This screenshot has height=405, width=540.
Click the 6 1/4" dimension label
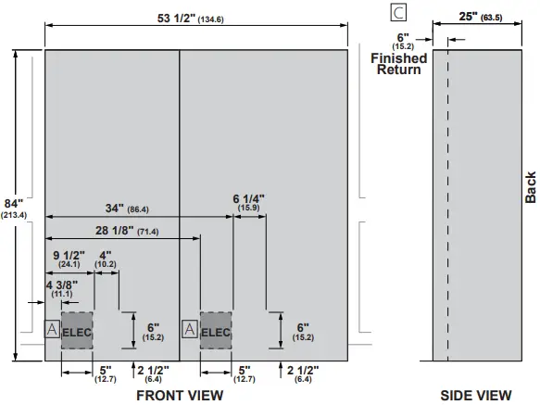click(248, 198)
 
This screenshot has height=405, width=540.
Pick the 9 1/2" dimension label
click(69, 255)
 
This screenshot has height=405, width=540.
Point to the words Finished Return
click(399, 64)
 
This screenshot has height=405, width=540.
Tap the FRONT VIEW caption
click(180, 396)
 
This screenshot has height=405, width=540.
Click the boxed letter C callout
click(398, 12)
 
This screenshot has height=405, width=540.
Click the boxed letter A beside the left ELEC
click(52, 328)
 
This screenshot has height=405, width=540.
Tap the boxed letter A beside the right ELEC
click(190, 328)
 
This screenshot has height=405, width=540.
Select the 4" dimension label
click(106, 255)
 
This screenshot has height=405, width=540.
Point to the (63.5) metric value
click(509, 17)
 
